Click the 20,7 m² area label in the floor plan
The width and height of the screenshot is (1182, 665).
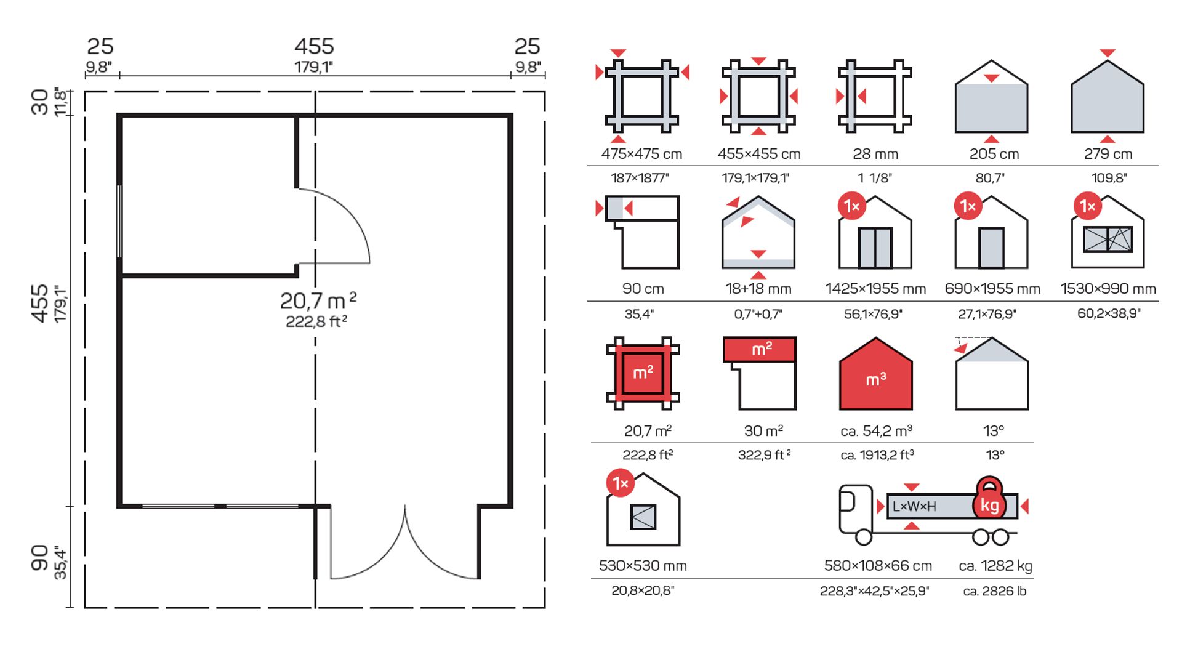pyautogui.click(x=318, y=300)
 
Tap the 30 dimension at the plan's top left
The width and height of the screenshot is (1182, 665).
pyautogui.click(x=40, y=102)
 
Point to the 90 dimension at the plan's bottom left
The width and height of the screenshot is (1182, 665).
pyautogui.click(x=40, y=557)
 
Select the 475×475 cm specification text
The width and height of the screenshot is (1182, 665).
pyautogui.click(x=641, y=154)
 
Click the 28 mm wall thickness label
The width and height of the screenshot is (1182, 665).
pyautogui.click(x=875, y=154)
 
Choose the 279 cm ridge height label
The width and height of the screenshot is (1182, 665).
pyautogui.click(x=1108, y=154)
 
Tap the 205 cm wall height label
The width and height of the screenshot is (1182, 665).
pyautogui.click(x=994, y=154)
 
